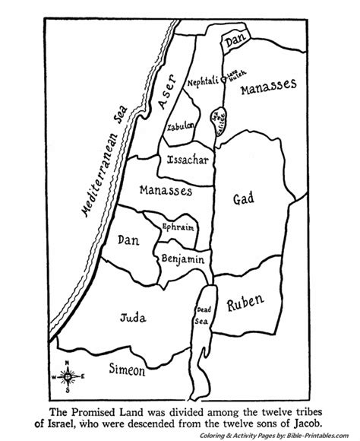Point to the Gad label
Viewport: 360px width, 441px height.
[243, 199]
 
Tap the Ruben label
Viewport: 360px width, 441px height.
[245, 306]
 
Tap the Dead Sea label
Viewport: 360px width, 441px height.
[204, 313]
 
